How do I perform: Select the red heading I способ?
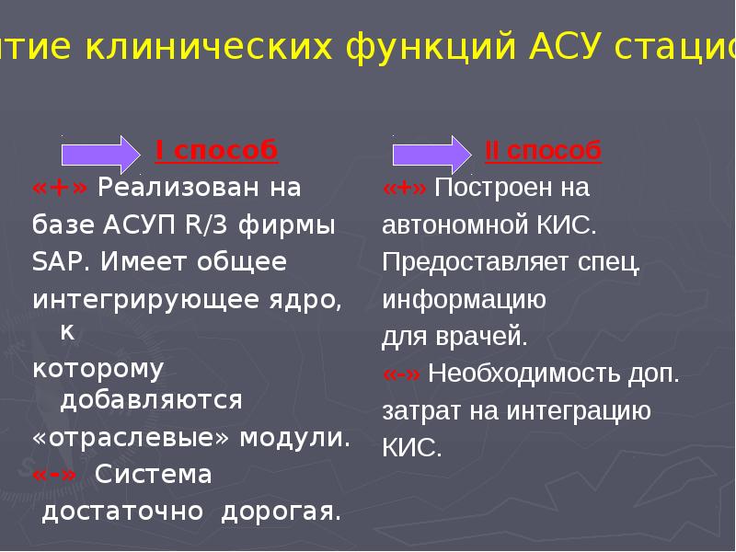[x=215, y=151]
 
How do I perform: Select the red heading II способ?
[x=543, y=151]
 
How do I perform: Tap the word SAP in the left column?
[x=59, y=262]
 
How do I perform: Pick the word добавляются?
[x=151, y=400]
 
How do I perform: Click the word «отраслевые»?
[x=132, y=437]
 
